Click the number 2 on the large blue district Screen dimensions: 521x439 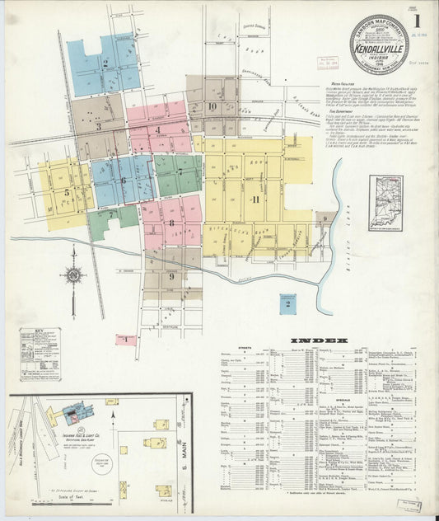[x=105, y=63]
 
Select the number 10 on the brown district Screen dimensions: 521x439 [x=212, y=106]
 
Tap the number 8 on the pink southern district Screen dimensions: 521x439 [x=171, y=223]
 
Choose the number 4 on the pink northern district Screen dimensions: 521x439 [x=157, y=129]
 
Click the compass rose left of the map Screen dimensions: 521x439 [x=73, y=276]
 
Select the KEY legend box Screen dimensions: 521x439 [x=40, y=354]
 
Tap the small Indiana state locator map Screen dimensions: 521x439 [x=385, y=203]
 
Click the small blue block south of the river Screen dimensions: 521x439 [x=287, y=305]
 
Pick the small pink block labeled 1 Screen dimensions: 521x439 [x=125, y=339]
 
